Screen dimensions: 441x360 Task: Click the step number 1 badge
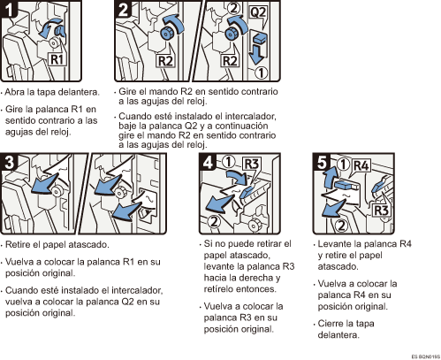9,9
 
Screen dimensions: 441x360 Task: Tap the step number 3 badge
9,162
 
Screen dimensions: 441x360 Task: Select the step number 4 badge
208,162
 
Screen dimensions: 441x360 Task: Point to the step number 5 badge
322,162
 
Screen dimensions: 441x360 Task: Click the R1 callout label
57,59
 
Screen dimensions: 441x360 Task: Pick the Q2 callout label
258,12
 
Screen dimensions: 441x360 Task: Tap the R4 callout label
361,165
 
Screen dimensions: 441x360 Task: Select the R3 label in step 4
251,164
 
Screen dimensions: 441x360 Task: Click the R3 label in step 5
381,211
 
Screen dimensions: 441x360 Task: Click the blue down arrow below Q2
256,55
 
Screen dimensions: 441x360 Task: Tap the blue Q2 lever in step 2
258,39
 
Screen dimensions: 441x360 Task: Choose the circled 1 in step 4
228,161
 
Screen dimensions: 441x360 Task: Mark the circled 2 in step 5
341,226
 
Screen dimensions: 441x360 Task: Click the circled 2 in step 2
233,8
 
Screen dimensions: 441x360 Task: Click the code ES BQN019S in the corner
426,356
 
